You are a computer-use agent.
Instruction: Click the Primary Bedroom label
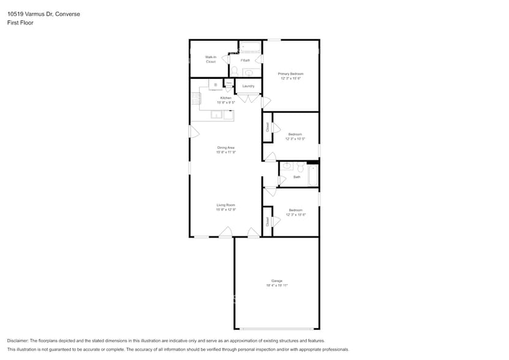[x=291, y=73]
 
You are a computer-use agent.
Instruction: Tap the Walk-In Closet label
[x=210, y=59]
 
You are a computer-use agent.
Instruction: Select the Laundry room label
[x=248, y=86]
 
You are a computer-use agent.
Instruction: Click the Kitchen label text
[x=226, y=98]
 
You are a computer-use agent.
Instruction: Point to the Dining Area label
[x=226, y=148]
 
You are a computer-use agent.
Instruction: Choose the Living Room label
[x=226, y=205]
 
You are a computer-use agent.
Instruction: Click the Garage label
[x=277, y=281]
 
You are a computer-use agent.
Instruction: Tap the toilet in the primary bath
[x=234, y=70]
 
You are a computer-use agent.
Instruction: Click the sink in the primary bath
[x=249, y=72]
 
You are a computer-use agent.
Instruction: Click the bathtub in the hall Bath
[x=312, y=175]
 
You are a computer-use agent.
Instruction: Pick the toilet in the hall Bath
[x=300, y=167]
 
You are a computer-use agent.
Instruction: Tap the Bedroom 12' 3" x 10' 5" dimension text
[x=295, y=139]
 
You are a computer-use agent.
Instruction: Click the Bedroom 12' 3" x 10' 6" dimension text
[x=295, y=214]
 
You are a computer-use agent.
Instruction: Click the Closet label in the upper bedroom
[x=268, y=127]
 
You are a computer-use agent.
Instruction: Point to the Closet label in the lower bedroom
[x=268, y=221]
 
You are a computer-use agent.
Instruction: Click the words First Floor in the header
[x=20, y=23]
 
